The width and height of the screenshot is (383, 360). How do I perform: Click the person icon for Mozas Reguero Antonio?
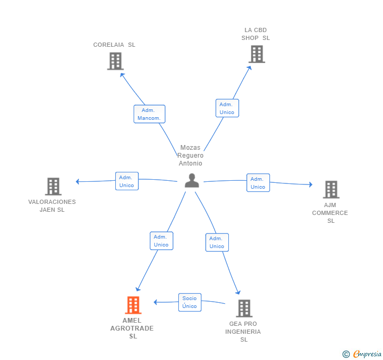coord(192,180)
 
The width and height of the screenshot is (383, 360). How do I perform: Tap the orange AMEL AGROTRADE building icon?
coord(133,305)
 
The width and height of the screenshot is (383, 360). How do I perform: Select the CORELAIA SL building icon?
coord(115,61)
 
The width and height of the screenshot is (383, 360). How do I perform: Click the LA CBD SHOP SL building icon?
coord(256,54)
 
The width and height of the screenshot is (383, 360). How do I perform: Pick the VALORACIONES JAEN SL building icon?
coord(53,187)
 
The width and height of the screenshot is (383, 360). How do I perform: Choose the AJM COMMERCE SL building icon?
coord(330,190)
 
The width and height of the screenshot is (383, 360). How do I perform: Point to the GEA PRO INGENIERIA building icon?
coord(244,308)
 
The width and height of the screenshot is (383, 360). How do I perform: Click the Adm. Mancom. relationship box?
coord(149,114)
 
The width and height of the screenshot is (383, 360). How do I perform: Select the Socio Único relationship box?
coord(189,302)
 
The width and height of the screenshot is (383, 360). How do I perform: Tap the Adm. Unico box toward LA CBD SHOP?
coord(227,108)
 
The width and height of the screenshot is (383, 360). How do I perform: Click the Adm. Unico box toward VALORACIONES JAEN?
coord(127,181)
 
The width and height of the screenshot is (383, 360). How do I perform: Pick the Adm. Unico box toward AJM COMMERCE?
coord(258,183)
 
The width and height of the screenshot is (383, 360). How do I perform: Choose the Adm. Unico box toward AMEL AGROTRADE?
coord(161,241)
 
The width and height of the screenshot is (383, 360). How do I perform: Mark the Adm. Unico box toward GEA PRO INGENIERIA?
coord(217,242)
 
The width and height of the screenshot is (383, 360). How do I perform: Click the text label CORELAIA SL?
coord(114,45)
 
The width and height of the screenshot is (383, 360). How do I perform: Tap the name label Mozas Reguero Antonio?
coord(190,156)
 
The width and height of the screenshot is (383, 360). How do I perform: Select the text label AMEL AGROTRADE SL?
coord(132,328)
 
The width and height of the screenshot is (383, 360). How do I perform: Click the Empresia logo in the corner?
coord(362,354)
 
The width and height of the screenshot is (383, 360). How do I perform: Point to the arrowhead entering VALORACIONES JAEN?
coord(77,182)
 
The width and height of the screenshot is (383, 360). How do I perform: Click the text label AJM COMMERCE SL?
coord(330,213)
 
